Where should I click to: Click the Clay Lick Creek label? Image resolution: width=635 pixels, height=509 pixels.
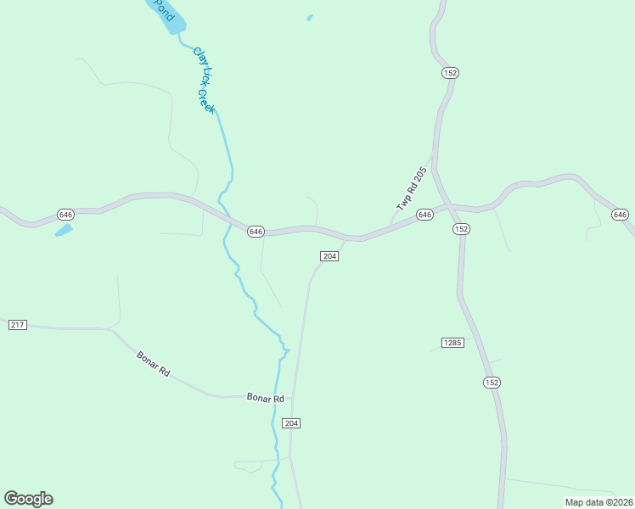[x=205, y=81]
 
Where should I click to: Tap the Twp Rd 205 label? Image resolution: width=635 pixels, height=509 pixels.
[x=411, y=190]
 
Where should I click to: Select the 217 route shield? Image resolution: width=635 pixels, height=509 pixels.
[x=17, y=325]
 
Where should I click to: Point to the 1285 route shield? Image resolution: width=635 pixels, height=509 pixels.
[x=452, y=343]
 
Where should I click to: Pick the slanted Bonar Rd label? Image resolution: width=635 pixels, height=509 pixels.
[x=154, y=365]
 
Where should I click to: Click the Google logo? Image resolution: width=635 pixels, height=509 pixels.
[x=28, y=499]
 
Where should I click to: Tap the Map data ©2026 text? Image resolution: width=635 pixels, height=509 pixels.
[x=598, y=502]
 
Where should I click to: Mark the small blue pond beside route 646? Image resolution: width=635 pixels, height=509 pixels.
[x=64, y=229]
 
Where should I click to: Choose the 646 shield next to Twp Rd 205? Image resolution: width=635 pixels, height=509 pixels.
[x=425, y=215]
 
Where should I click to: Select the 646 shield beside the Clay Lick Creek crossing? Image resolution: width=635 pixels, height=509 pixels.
[x=256, y=232]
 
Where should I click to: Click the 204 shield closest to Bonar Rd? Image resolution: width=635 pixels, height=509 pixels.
[x=292, y=423]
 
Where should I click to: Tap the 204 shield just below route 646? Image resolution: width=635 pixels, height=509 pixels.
[x=330, y=256]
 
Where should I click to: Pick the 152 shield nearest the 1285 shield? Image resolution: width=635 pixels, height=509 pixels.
[x=492, y=383]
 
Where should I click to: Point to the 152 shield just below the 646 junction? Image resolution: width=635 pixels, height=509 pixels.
[x=461, y=229]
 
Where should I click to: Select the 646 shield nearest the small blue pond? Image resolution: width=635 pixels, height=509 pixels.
[x=65, y=213]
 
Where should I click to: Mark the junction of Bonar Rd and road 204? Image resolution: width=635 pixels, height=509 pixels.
[x=294, y=396]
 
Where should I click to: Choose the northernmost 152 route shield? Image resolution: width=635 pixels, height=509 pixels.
[x=450, y=73]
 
